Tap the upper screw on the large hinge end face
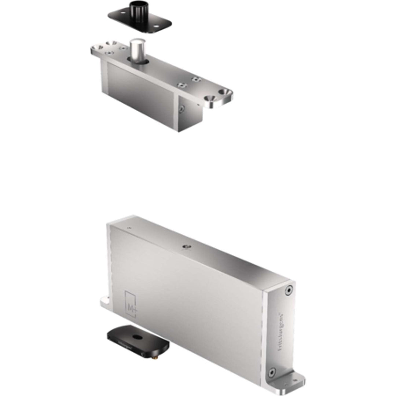pos(289,290)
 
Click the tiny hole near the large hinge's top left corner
pos(128,228)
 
